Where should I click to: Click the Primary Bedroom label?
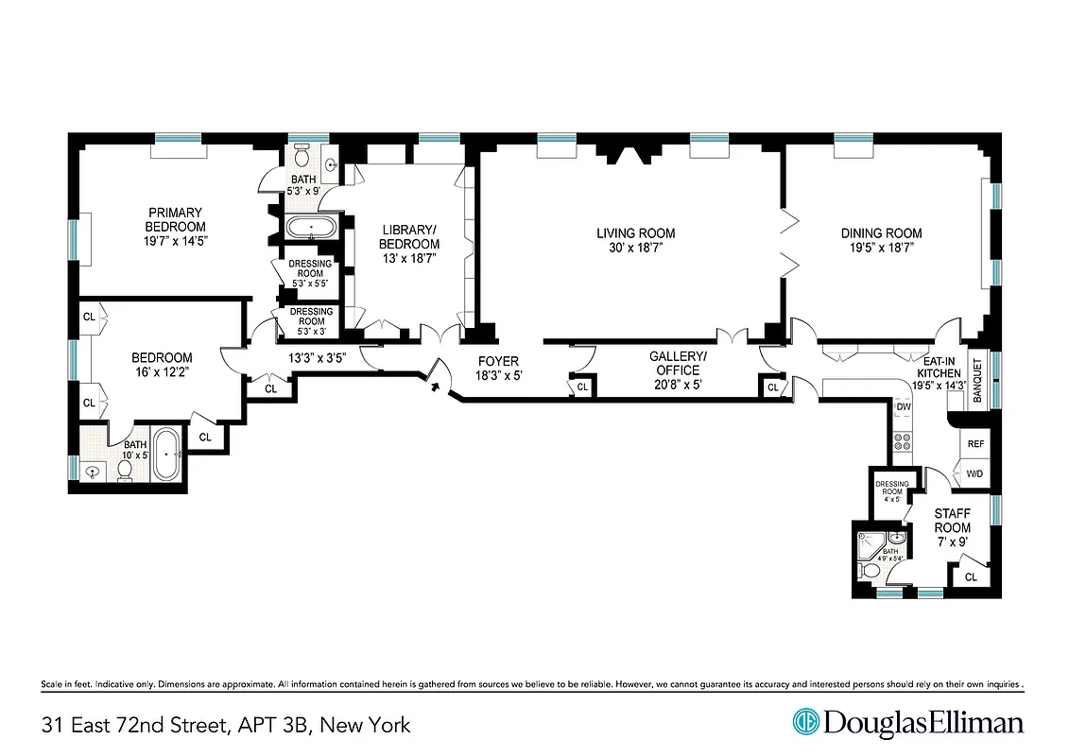point(175,219)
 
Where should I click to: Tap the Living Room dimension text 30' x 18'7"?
point(635,248)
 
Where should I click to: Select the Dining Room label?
point(882,233)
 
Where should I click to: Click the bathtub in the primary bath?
point(310,228)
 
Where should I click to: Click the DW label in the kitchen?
point(903,407)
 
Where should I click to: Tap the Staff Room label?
point(952,521)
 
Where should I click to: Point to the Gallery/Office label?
point(678,363)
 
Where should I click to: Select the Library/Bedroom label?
point(410,236)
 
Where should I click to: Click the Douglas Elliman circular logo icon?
point(805,723)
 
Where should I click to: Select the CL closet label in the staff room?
point(971,576)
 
